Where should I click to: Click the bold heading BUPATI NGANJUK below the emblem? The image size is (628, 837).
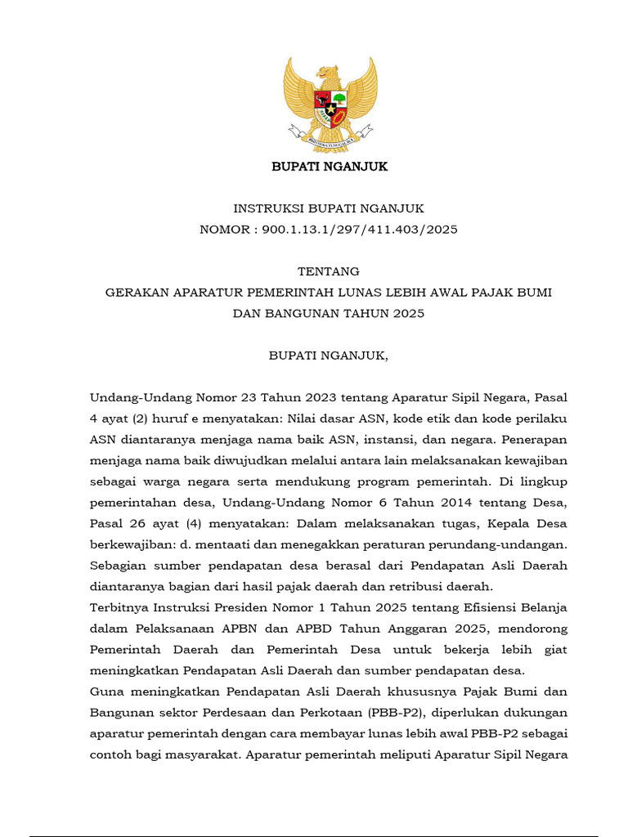(330, 167)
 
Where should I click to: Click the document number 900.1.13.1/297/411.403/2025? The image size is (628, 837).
(360, 230)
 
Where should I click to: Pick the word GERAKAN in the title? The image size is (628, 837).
(137, 293)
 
